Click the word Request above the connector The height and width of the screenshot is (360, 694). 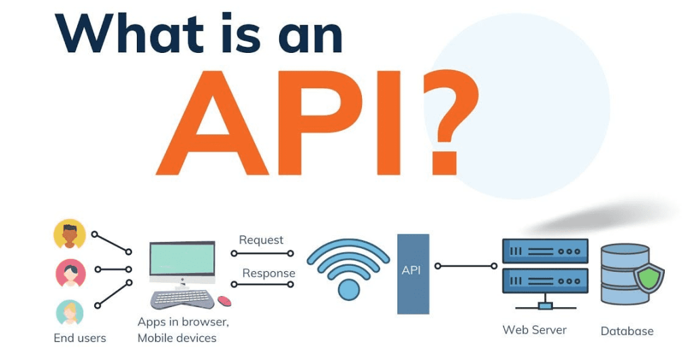click(x=261, y=240)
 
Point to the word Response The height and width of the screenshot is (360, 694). click(x=268, y=273)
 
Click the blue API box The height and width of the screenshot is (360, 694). click(x=413, y=273)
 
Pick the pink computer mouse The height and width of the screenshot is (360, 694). click(x=224, y=300)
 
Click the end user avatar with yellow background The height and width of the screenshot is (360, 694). click(x=70, y=234)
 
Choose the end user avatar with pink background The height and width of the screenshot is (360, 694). click(x=70, y=273)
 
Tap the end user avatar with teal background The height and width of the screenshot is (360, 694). click(x=69, y=313)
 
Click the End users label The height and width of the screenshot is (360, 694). click(x=79, y=338)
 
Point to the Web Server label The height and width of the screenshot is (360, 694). click(x=534, y=330)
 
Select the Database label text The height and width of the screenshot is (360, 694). click(x=627, y=332)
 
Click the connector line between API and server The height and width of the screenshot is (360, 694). click(x=467, y=266)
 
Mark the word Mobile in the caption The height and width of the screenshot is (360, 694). click(x=157, y=338)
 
